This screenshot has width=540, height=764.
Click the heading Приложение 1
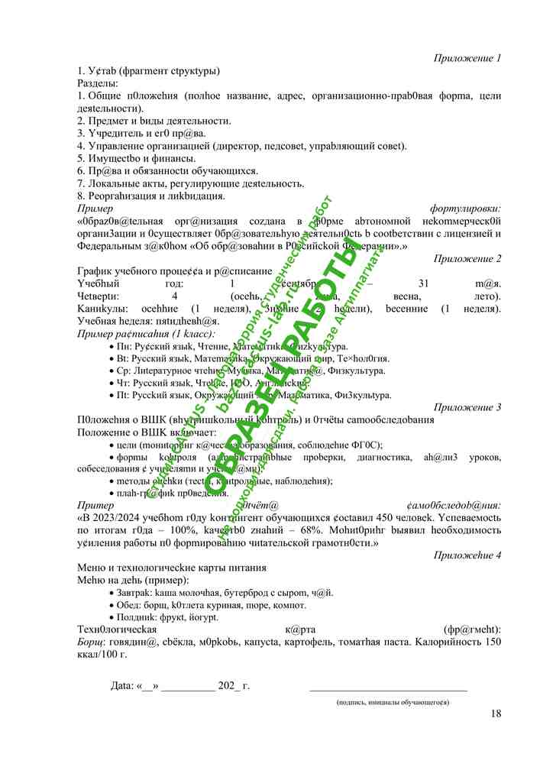coord(467,58)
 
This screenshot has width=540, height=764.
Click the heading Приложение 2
coord(467,258)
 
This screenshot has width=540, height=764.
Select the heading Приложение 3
coord(467,407)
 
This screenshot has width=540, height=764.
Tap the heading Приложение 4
coord(467,555)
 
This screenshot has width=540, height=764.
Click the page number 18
coord(496,714)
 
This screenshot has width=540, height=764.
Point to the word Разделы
coord(92,83)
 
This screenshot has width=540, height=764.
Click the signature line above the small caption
coord(388,691)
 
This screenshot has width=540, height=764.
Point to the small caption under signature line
coord(393,701)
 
